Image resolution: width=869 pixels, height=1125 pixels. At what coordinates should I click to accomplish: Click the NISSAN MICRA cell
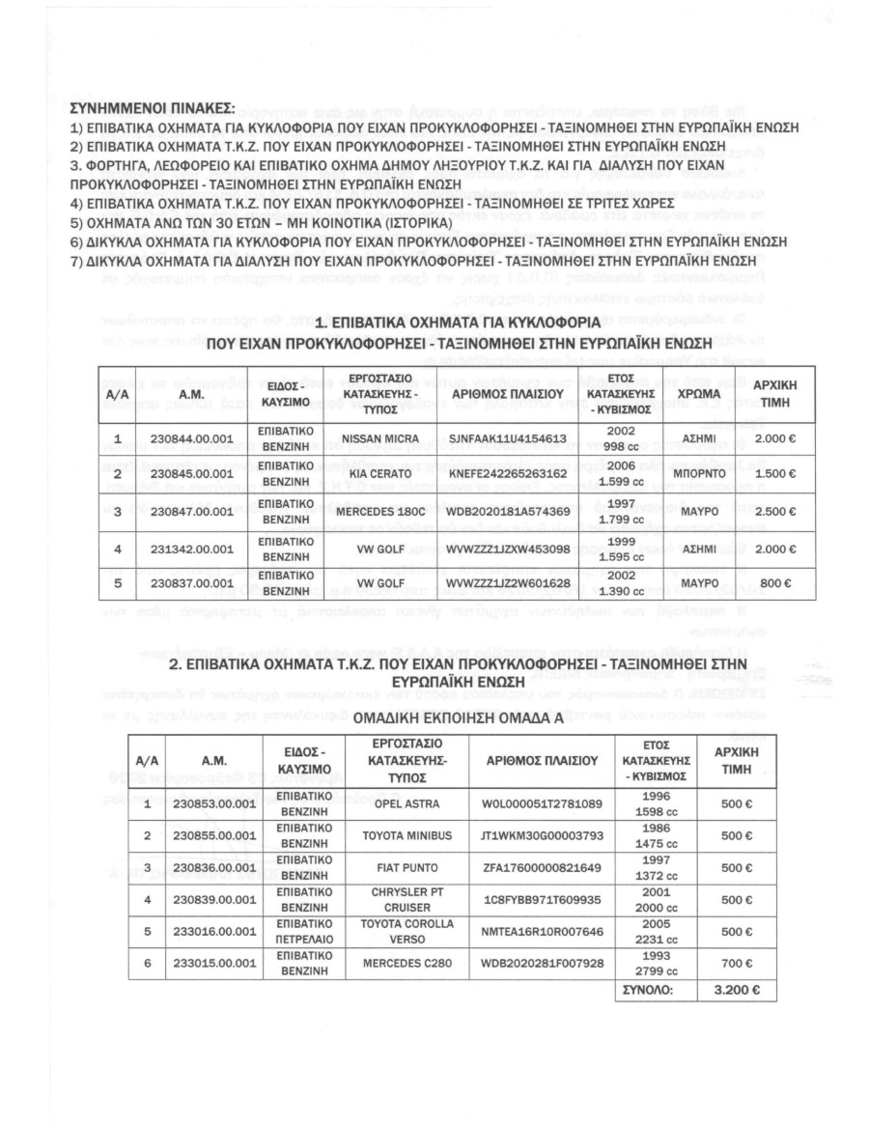[x=380, y=437]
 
